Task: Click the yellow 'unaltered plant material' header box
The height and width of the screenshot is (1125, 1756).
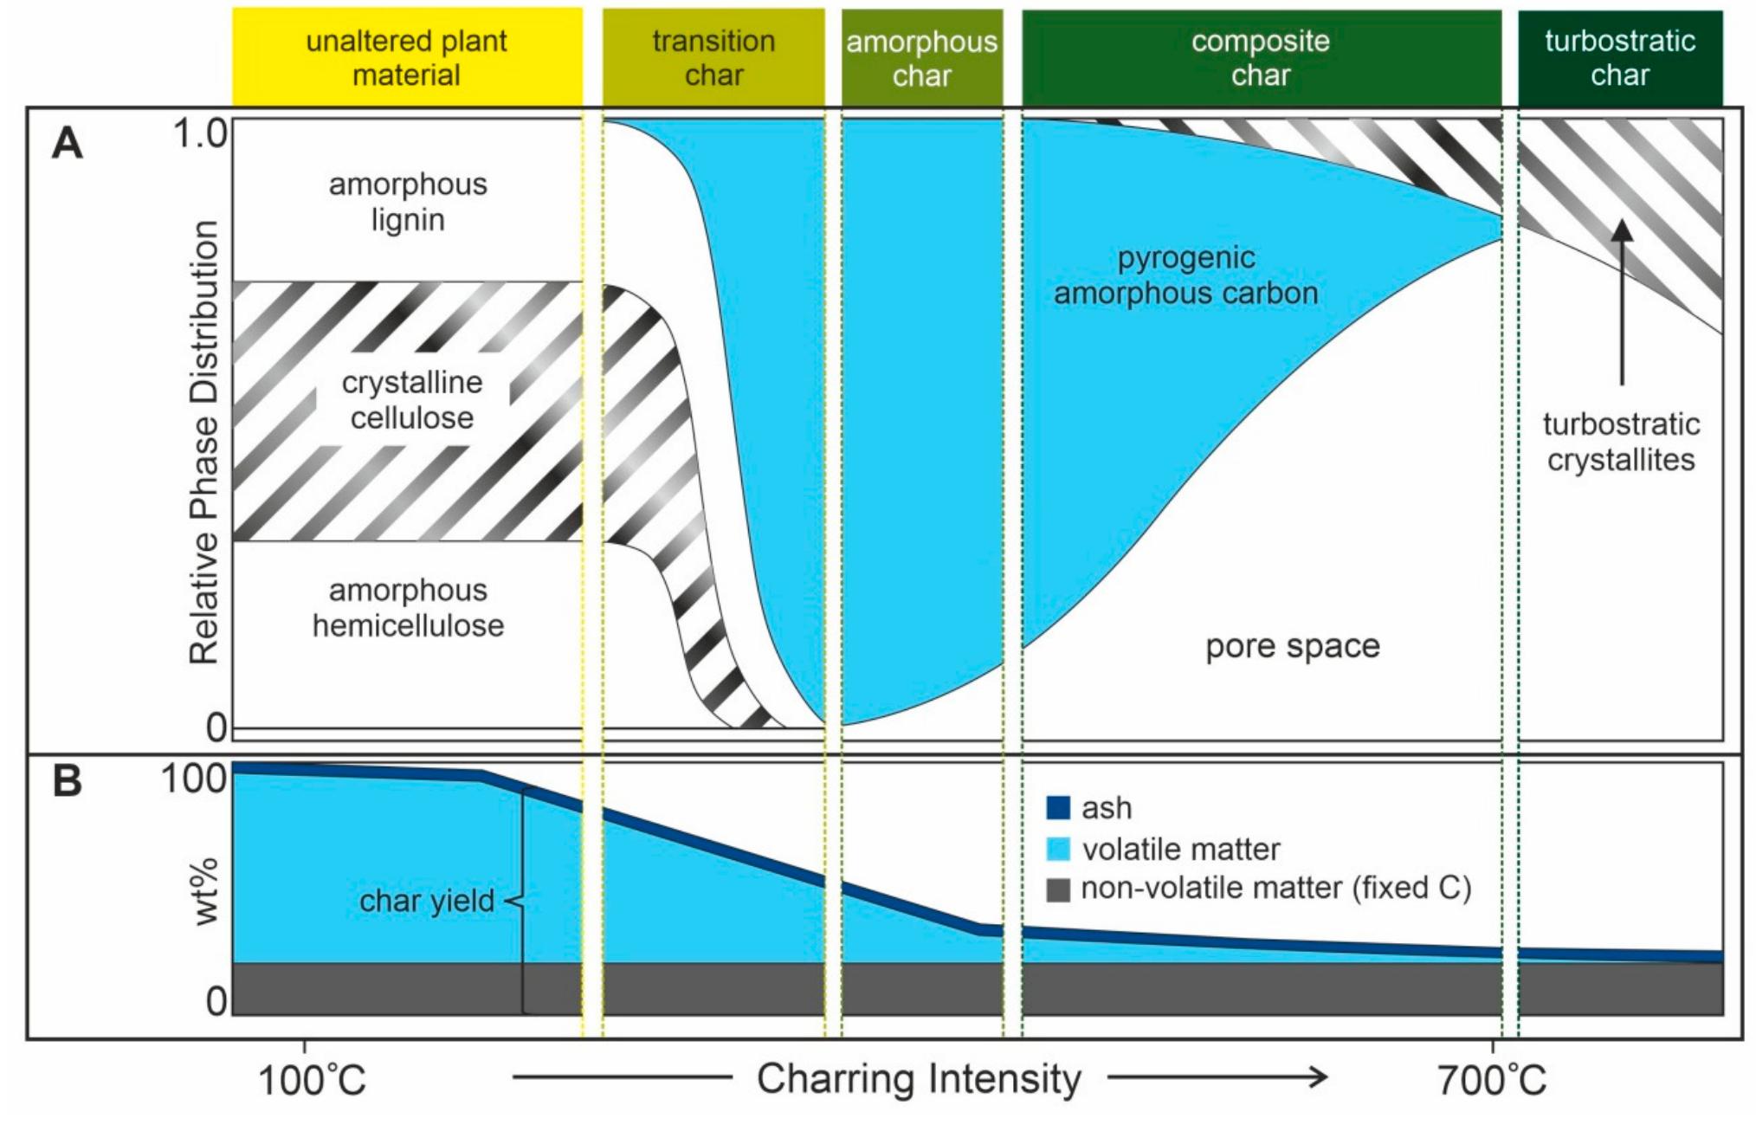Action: point(407,57)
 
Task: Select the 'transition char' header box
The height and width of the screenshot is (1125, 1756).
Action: point(713,57)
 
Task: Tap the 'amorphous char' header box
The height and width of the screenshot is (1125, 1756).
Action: point(921,58)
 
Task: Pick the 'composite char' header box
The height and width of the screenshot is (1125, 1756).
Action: point(1261,58)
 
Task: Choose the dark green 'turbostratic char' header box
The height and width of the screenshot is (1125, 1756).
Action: point(1620,58)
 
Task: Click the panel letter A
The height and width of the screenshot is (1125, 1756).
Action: point(68,143)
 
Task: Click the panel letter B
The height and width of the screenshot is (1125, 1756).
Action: point(68,780)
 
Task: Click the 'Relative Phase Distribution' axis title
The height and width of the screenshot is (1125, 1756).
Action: point(204,442)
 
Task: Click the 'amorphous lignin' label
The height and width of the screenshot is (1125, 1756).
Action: point(408,202)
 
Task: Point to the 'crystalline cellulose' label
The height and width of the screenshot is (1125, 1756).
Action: point(412,400)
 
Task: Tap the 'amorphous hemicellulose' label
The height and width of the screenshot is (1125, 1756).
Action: point(408,607)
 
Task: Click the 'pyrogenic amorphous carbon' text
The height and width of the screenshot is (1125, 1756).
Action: point(1185,275)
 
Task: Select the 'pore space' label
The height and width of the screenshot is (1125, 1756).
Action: point(1293,646)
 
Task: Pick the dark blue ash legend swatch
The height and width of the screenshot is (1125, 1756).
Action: point(1058,807)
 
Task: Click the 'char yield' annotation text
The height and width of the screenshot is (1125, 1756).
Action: point(427,901)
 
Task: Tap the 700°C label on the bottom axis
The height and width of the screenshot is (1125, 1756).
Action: point(1492,1080)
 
